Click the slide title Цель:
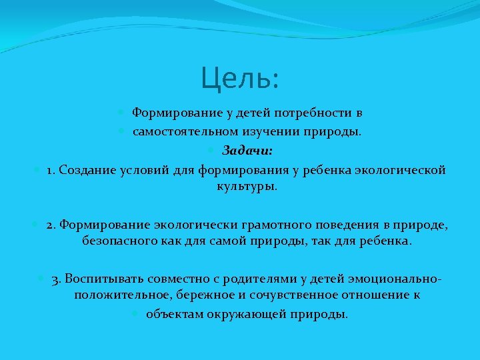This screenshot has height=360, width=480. [x=241, y=79]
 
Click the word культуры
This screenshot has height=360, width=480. [x=246, y=187]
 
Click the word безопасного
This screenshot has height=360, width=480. [x=119, y=241]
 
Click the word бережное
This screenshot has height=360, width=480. [x=200, y=294]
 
